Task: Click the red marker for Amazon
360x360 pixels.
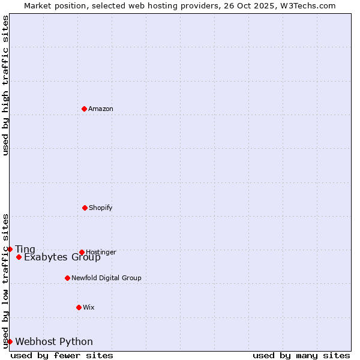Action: [84, 109]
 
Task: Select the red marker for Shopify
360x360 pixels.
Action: [85, 208]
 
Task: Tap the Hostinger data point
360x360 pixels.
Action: [82, 252]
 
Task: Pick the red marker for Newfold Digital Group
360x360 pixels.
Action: [67, 278]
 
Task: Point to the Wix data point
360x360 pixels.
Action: [79, 307]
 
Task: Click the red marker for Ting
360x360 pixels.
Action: [10, 249]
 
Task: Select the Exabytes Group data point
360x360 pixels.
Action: [19, 257]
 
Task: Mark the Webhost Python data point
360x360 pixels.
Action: [10, 341]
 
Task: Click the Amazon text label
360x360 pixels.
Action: [101, 109]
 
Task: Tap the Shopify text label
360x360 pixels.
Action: [101, 208]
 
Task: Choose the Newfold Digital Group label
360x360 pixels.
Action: [106, 278]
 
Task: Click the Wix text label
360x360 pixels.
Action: [89, 307]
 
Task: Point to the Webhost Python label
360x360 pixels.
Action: [54, 342]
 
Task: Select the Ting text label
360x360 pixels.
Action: [25, 250]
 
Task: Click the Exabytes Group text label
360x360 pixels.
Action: [62, 257]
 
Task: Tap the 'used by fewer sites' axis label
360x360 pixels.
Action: [62, 355]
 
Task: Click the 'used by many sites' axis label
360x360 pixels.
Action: [301, 355]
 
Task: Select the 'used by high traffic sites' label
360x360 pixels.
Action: [5, 85]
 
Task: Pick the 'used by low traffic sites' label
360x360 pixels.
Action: [5, 281]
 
